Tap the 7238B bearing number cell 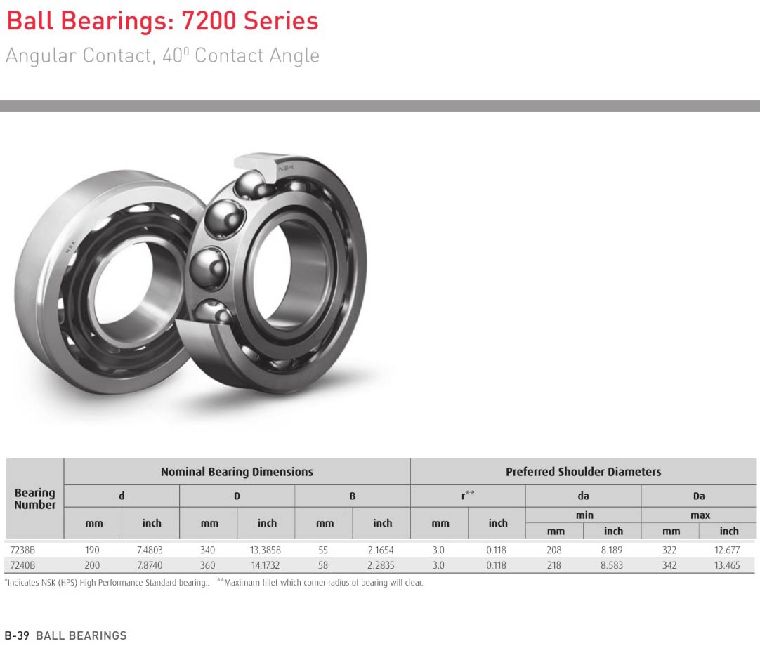(x=22, y=550)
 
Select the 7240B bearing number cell (x=22, y=565)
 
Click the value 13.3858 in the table (x=265, y=550)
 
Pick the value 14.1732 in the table (x=265, y=565)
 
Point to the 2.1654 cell (x=381, y=550)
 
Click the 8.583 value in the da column (x=612, y=565)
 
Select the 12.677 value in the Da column (x=727, y=550)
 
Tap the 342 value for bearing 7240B (x=669, y=565)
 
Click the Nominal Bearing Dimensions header (x=237, y=472)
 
